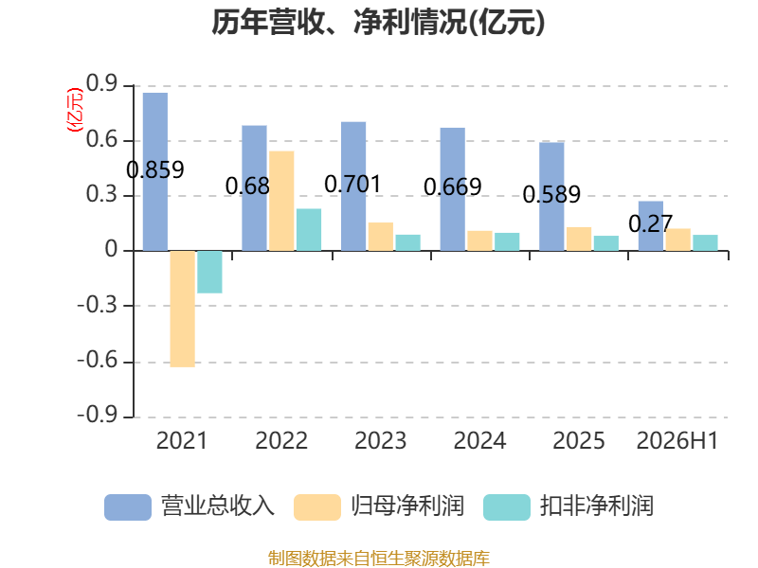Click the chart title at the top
pos(378,23)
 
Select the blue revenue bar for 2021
pos(155,171)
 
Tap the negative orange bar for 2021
pos(183,310)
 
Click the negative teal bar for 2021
pos(209,272)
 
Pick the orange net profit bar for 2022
pos(281,201)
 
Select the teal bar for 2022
pos(309,229)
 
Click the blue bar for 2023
pos(353,186)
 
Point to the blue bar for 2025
pos(551,197)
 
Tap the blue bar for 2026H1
pos(651,226)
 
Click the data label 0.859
pos(155,170)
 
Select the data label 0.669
pos(453,187)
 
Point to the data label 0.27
pos(651,223)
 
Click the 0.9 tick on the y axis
pos(102,84)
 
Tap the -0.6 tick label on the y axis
pos(98,361)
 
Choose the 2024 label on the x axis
pos(479,441)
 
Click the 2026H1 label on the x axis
pos(677,441)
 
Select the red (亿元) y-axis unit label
pos(75,110)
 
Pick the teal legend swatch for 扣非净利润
pos(507,507)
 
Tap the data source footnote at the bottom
pos(379,559)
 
